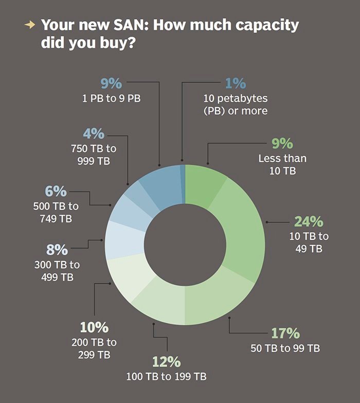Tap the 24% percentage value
(x=309, y=222)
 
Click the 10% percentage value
(x=94, y=327)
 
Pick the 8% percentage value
(x=57, y=250)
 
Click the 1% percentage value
(x=236, y=83)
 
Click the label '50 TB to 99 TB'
(x=285, y=348)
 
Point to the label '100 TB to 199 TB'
(x=166, y=377)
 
